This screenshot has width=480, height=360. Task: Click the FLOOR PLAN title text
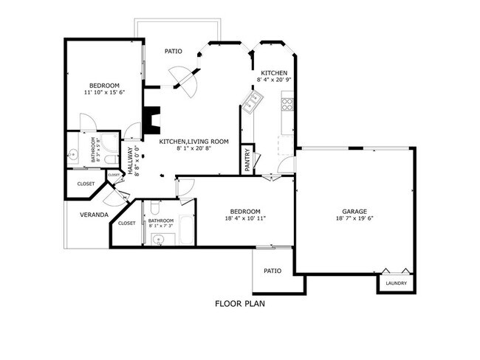[239, 303]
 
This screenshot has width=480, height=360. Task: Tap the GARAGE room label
[354, 211]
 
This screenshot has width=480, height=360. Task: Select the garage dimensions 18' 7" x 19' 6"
[354, 218]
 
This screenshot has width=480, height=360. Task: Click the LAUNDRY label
[396, 283]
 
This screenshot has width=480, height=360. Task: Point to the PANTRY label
[247, 159]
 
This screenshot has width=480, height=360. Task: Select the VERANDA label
[95, 215]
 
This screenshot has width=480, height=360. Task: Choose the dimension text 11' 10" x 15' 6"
[103, 91]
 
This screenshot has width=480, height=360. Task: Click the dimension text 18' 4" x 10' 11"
[244, 218]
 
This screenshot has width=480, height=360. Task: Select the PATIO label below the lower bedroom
[272, 271]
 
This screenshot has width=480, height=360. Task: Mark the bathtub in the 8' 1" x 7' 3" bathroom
[185, 231]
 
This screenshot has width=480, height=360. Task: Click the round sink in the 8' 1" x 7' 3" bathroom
[158, 238]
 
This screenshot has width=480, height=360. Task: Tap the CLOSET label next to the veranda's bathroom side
[126, 223]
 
